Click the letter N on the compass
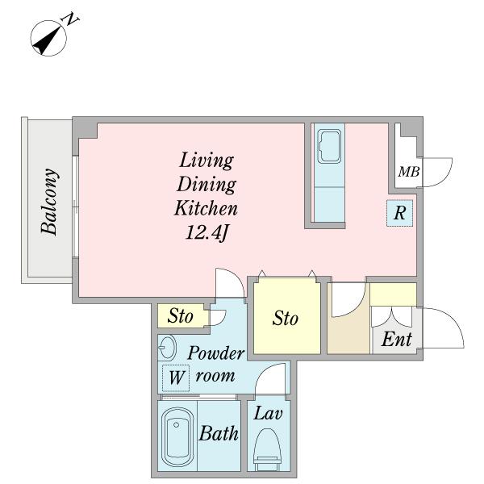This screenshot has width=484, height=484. tap(71, 19)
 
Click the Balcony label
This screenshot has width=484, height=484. tap(49, 202)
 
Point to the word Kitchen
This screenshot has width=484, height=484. tap(206, 208)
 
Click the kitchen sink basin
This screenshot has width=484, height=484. tap(329, 146)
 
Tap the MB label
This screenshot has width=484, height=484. tap(409, 172)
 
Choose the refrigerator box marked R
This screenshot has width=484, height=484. tap(400, 213)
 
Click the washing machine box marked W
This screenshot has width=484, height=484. tap(176, 378)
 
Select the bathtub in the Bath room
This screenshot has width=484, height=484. tap(176, 437)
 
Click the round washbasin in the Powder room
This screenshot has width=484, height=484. tap(167, 347)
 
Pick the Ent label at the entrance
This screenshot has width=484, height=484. tap(396, 340)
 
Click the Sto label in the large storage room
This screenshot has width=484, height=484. tap(286, 319)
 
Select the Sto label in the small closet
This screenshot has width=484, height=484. tap(180, 315)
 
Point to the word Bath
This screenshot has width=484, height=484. tap(219, 433)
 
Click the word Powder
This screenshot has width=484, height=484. tap(215, 353)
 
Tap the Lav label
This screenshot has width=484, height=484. tap(268, 413)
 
